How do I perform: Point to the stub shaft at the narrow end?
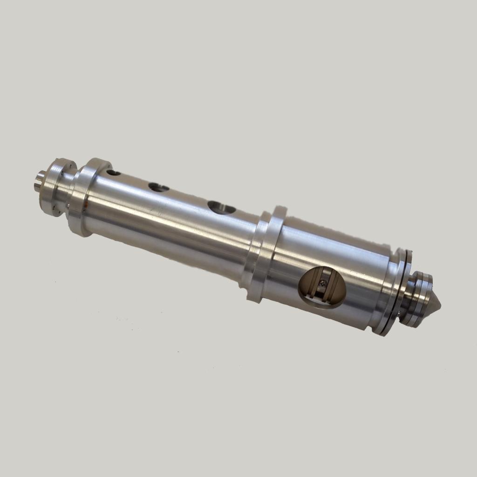pos(39,180)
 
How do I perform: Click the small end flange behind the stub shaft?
pos(55,186)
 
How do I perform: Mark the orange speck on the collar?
pos(87,203)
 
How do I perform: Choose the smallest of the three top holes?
pos(114,173)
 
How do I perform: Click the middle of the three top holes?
pos(159,188)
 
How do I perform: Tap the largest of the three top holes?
pos(221,207)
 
